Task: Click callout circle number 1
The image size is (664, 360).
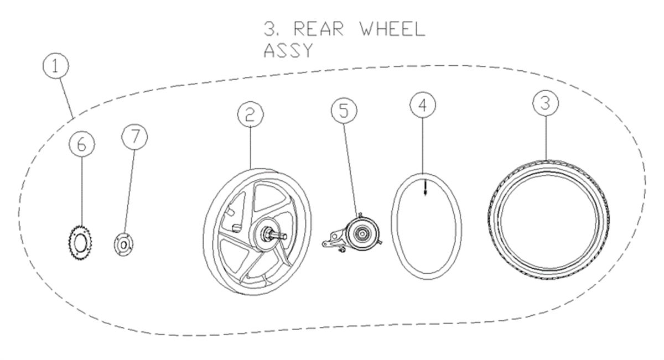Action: click(56, 66)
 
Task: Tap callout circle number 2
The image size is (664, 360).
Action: click(251, 114)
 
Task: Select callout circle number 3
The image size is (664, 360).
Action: click(546, 103)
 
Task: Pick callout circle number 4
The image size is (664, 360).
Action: click(423, 105)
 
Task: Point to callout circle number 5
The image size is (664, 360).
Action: click(344, 111)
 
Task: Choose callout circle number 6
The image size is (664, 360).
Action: click(82, 144)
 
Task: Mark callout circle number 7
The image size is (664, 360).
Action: click(134, 137)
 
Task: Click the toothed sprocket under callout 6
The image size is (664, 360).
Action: click(80, 243)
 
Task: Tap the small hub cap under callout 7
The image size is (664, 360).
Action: click(123, 245)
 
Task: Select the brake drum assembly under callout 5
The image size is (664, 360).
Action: click(352, 233)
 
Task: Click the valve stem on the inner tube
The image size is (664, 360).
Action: click(426, 188)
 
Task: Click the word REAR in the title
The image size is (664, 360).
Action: click(319, 29)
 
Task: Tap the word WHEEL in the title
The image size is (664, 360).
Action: click(393, 29)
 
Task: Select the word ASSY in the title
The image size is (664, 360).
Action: click(288, 50)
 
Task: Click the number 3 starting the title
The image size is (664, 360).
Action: click(269, 29)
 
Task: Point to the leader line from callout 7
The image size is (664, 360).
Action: click(129, 191)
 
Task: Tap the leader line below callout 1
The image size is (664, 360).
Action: click(66, 98)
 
